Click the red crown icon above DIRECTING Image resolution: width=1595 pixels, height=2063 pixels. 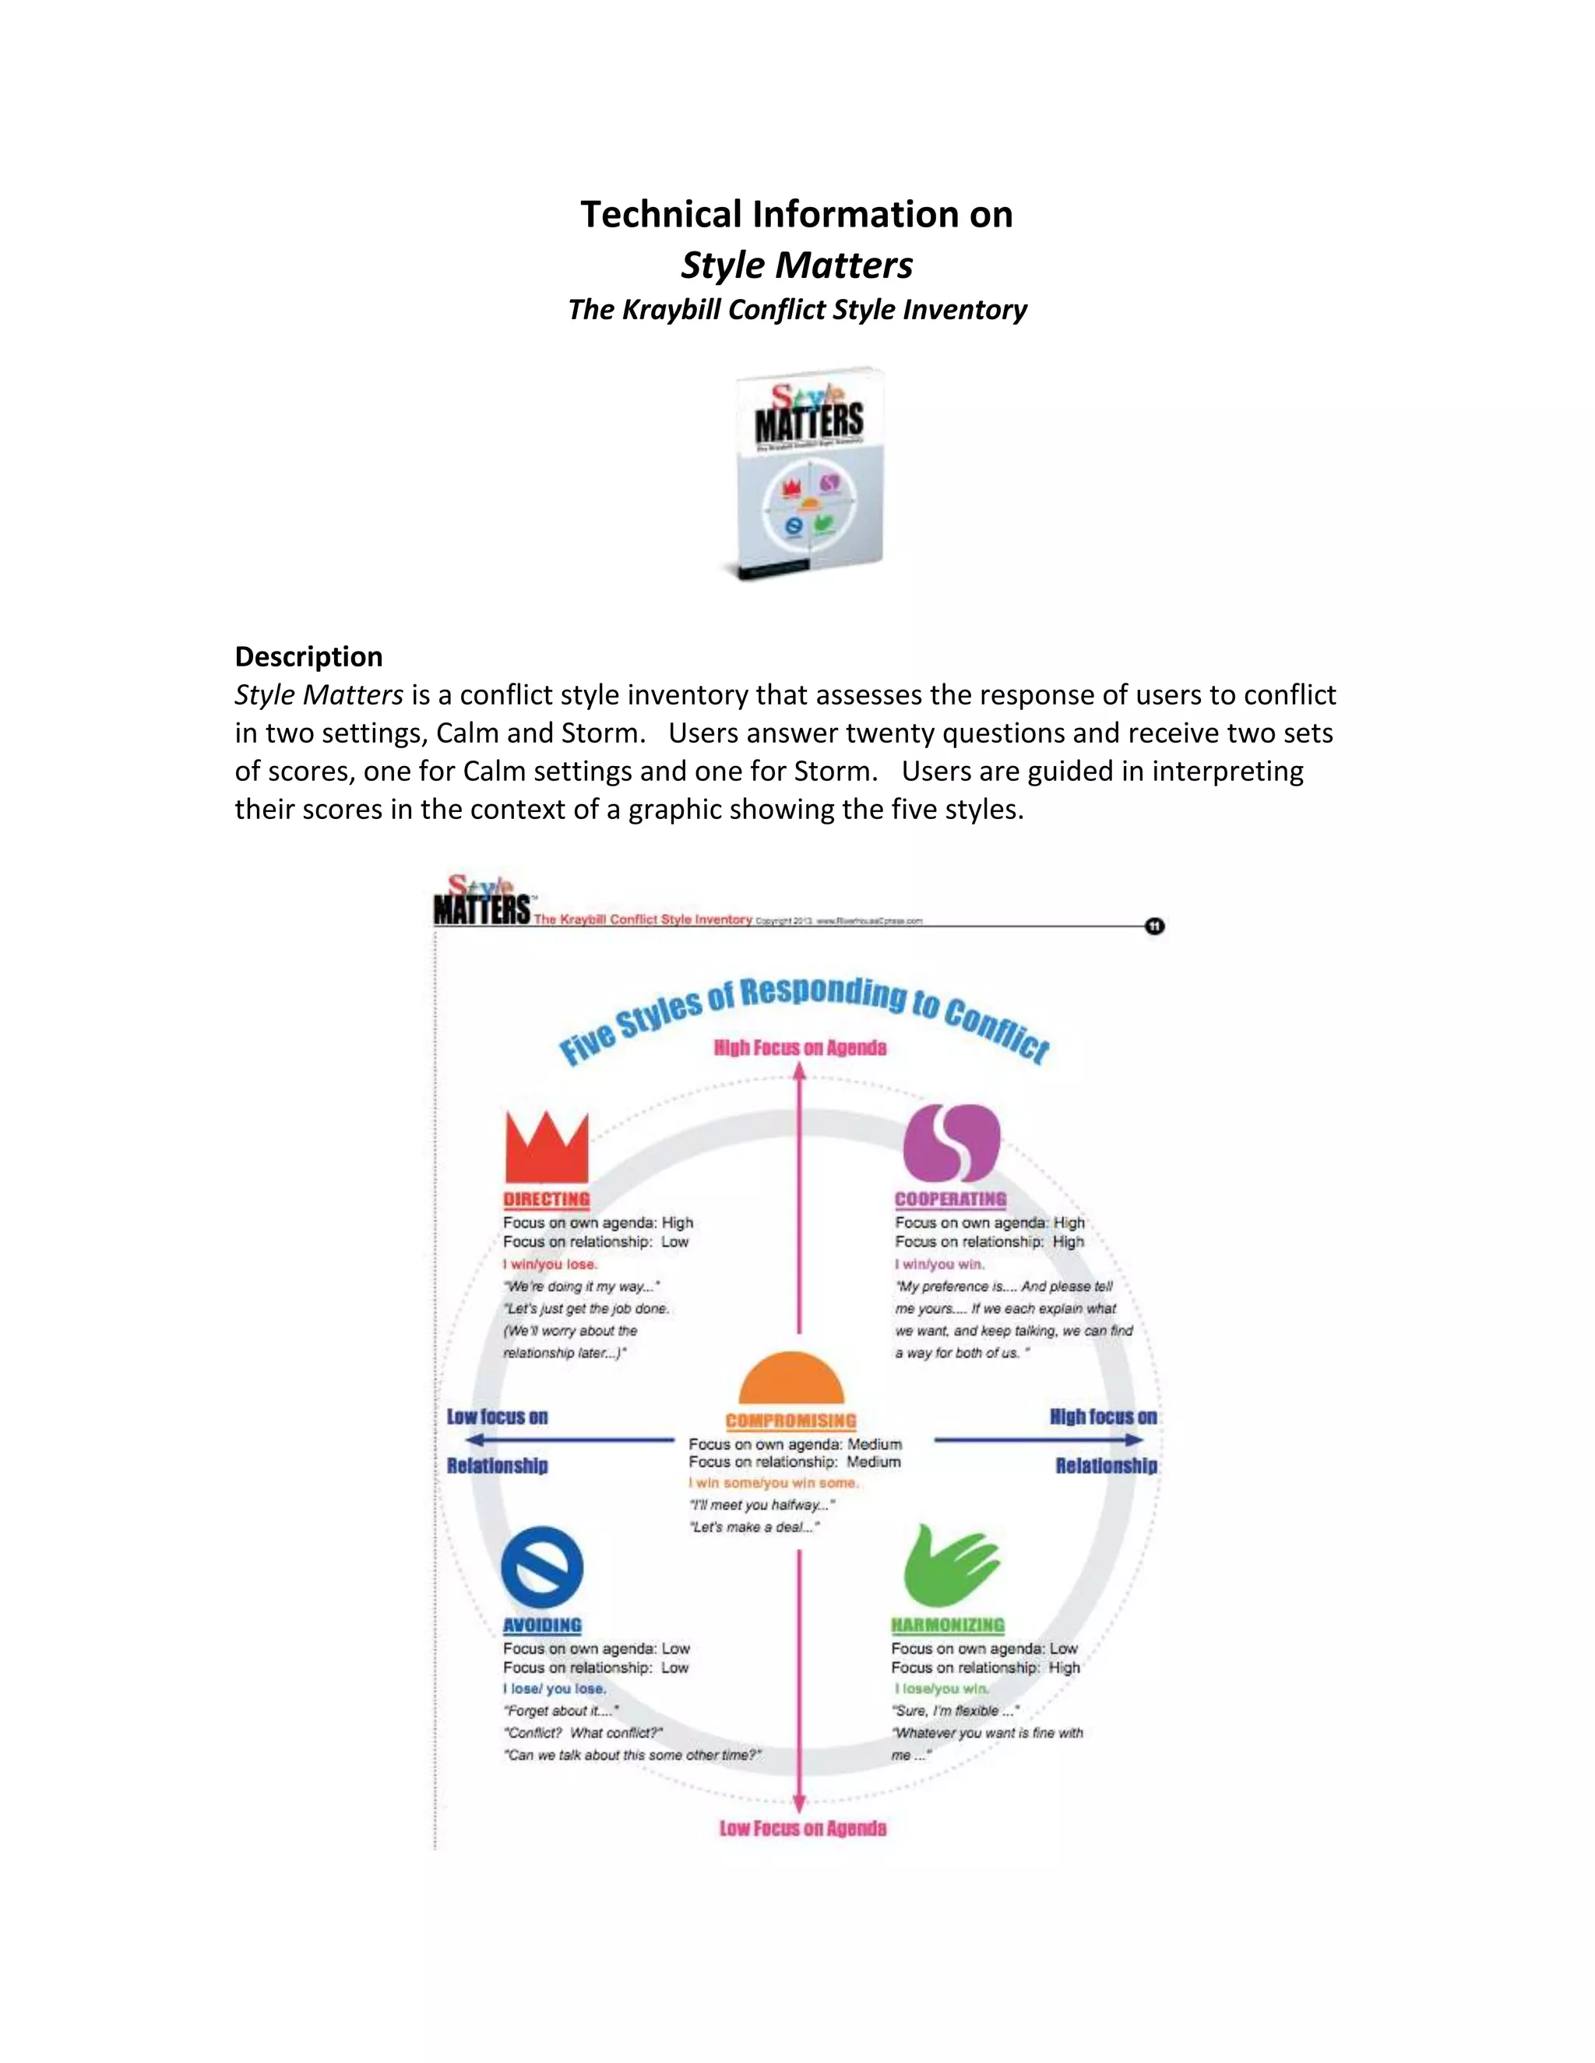click(x=546, y=1147)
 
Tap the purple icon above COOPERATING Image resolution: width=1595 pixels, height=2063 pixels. click(x=951, y=1143)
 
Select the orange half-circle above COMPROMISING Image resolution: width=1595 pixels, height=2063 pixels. click(x=791, y=1379)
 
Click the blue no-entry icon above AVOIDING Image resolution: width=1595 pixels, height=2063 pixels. click(x=541, y=1567)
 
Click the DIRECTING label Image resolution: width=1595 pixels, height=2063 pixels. click(x=546, y=1200)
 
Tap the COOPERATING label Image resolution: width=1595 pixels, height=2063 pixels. click(x=951, y=1200)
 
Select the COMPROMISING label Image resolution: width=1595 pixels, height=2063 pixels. click(x=791, y=1421)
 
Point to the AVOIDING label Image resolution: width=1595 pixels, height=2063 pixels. click(x=542, y=1625)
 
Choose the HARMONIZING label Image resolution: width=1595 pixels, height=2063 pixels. click(x=948, y=1625)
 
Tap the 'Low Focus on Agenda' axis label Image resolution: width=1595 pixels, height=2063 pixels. click(x=802, y=1829)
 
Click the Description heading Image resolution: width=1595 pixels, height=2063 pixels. click(x=309, y=656)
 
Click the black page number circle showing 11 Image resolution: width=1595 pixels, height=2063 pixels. click(x=1155, y=926)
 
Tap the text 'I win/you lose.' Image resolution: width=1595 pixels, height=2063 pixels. click(x=551, y=1263)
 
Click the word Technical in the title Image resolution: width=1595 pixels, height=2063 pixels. click(x=660, y=214)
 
